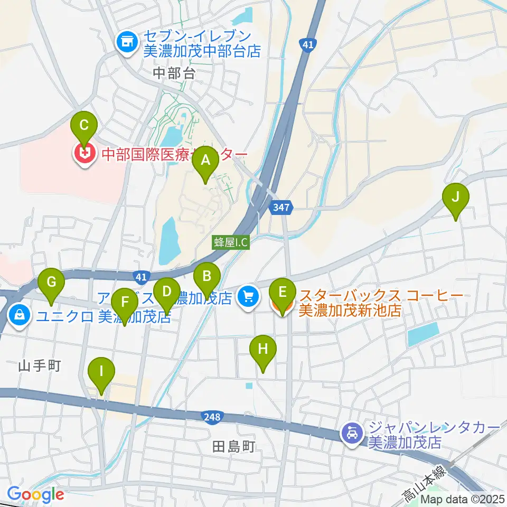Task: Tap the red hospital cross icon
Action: point(84,154)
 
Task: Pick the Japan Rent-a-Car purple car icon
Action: point(351,435)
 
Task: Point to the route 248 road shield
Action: point(211,417)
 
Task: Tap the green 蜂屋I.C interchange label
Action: point(231,242)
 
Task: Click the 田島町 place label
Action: point(233,448)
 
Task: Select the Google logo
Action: point(35,494)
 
